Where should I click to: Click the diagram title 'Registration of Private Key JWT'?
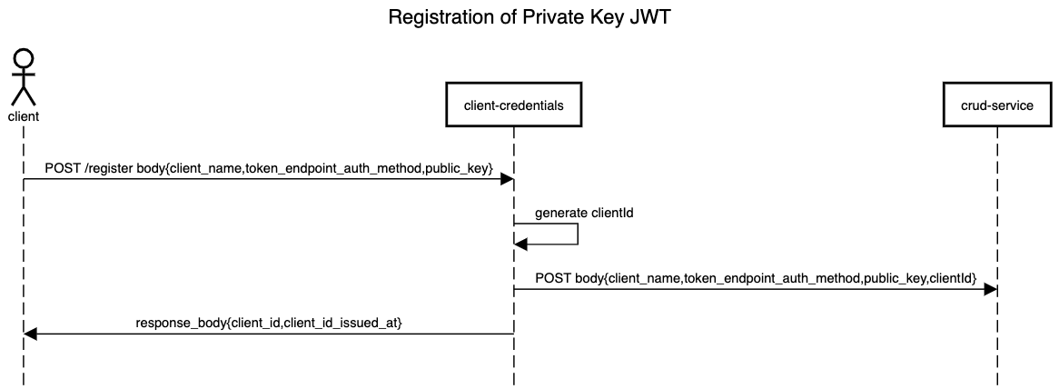pyautogui.click(x=529, y=17)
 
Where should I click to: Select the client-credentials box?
pyautogui.click(x=513, y=105)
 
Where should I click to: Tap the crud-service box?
pyautogui.click(x=996, y=105)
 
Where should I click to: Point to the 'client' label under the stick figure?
pyautogui.click(x=23, y=116)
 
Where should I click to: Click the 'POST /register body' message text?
pyautogui.click(x=269, y=168)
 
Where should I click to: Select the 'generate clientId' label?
pyautogui.click(x=583, y=214)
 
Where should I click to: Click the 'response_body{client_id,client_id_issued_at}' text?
pyautogui.click(x=269, y=323)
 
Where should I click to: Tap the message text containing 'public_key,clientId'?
pyautogui.click(x=755, y=277)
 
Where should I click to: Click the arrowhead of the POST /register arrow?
pyautogui.click(x=508, y=179)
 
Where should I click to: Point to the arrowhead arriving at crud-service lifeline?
pyautogui.click(x=991, y=289)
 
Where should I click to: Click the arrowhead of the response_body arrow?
pyautogui.click(x=30, y=334)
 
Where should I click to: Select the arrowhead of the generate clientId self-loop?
pyautogui.click(x=520, y=244)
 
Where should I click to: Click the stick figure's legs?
pyautogui.click(x=23, y=95)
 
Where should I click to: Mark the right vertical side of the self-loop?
pyautogui.click(x=578, y=234)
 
